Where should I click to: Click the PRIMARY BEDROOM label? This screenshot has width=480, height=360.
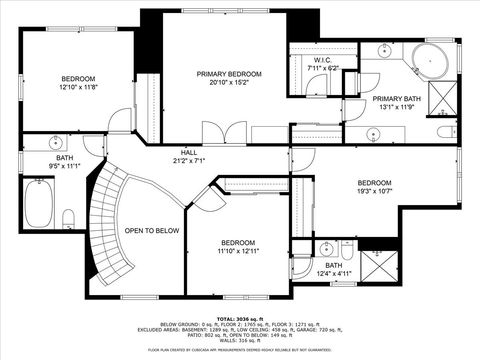229,75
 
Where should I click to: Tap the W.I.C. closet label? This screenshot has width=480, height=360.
322,60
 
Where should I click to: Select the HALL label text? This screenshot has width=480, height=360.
188,152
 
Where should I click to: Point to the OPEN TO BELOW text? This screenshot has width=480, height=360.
151,230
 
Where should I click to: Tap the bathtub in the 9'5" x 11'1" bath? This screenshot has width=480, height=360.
37,208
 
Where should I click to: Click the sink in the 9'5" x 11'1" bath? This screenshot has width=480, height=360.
56,142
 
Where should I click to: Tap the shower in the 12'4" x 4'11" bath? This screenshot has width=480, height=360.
378,268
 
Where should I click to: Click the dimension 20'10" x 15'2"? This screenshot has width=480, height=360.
229,84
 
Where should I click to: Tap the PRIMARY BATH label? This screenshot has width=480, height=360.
394,99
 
